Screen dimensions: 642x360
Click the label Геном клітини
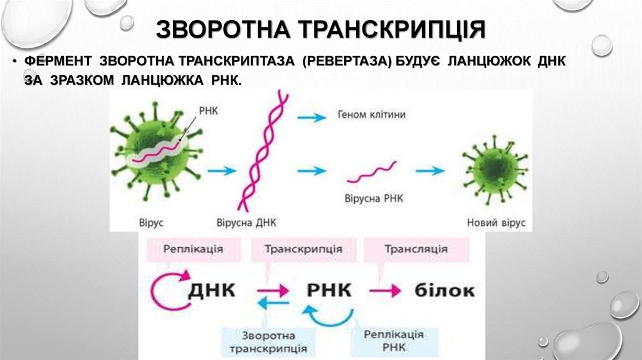click(x=372, y=115)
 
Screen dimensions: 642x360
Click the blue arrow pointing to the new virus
click(x=431, y=171)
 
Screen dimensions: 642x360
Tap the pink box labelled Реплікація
click(x=193, y=249)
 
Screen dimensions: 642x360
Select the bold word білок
click(x=445, y=290)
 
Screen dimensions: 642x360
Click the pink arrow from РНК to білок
click(x=383, y=291)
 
